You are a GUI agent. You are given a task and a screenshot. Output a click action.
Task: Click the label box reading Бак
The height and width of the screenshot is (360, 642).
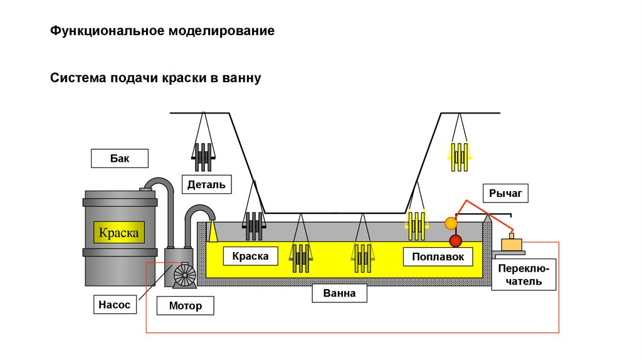tap(119, 158)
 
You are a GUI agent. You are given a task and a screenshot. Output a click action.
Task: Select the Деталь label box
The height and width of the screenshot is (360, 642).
tap(206, 184)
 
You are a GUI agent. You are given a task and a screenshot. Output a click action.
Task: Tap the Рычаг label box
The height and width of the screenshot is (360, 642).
tap(505, 193)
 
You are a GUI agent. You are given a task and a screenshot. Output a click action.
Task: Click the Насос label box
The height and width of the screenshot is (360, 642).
tap(114, 305)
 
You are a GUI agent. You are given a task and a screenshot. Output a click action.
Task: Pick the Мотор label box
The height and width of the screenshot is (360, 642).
tap(186, 306)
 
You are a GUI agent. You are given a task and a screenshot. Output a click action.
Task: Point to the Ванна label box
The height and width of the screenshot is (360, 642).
tap(339, 293)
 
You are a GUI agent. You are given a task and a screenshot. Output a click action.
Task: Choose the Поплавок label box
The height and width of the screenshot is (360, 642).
tap(438, 256)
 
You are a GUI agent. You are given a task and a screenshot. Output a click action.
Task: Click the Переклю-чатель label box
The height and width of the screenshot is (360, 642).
tap(524, 275)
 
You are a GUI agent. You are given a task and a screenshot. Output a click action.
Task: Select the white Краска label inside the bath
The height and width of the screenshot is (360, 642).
tap(250, 256)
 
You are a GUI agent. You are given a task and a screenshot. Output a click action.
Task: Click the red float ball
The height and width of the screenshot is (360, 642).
tap(455, 240)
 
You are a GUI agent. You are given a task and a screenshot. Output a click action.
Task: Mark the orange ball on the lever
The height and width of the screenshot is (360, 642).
tap(450, 223)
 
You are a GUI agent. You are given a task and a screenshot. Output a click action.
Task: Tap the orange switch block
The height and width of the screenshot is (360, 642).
tap(513, 244)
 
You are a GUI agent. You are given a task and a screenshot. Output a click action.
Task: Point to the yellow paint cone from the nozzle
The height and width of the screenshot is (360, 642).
tap(213, 231)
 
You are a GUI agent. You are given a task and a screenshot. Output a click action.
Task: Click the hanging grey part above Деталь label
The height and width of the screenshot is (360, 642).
tap(203, 157)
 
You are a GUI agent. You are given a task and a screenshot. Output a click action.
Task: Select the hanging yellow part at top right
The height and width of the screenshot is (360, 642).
tap(459, 157)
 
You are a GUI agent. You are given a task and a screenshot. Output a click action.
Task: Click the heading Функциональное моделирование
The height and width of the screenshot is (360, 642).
tap(162, 31)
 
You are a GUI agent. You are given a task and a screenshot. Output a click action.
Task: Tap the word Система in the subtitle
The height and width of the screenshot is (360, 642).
tap(78, 78)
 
